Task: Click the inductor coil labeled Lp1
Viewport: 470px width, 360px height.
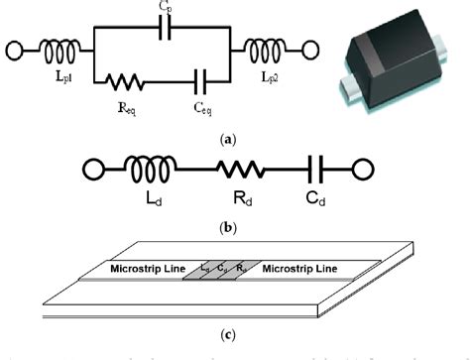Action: tap(51, 48)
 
